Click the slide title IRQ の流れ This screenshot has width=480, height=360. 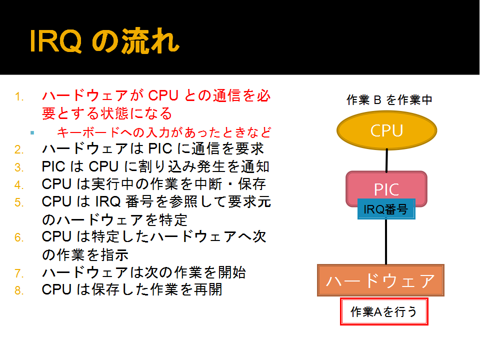click(x=104, y=41)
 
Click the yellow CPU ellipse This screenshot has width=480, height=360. click(x=386, y=130)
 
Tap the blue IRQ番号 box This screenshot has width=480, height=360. click(x=386, y=209)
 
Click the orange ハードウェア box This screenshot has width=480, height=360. click(x=380, y=280)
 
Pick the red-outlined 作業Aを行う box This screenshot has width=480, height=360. click(x=384, y=311)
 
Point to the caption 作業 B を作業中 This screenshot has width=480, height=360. click(x=389, y=100)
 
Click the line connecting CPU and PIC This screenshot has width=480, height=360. click(x=386, y=160)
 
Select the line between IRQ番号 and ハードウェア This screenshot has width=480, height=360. click(x=386, y=242)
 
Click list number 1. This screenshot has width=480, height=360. click(x=19, y=96)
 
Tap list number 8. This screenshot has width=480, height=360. click(x=19, y=290)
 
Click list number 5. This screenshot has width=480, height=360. click(x=19, y=202)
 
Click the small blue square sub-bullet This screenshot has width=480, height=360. click(x=32, y=133)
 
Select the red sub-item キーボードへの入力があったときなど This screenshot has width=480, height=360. click(x=164, y=132)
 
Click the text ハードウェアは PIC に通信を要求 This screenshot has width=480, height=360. click(x=152, y=149)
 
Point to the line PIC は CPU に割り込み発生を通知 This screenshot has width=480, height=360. click(x=155, y=166)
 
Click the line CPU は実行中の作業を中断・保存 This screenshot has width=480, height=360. click(x=153, y=184)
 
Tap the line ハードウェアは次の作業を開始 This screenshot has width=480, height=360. click(x=144, y=272)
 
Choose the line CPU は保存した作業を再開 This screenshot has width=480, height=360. click(x=132, y=289)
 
